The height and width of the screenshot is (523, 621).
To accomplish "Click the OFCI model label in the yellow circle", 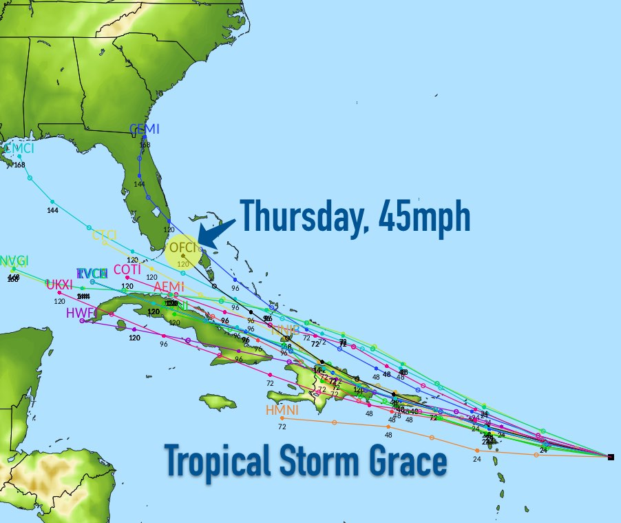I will pos(183,247).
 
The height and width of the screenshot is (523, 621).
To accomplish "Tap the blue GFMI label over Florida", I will pos(145,129).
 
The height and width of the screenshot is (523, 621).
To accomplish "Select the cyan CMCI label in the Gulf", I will pos(19,148).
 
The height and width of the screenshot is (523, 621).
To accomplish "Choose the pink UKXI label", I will pos(59,285).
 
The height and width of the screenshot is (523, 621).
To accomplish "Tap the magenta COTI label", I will pos(127,269).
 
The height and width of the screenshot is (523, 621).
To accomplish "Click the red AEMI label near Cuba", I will pos(169,287).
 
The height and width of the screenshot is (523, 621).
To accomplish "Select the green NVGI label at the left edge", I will pos(14,260).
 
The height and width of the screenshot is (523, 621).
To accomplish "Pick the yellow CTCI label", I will pos(105,235).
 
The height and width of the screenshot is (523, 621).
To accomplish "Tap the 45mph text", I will pos(426,216).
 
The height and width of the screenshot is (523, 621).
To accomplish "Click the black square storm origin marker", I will pos(611,457).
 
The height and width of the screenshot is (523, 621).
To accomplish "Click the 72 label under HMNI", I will pos(282,427).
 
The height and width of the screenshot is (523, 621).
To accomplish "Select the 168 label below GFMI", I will pos(145,145).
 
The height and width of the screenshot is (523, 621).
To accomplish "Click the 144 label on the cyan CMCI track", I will pos(52,209).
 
